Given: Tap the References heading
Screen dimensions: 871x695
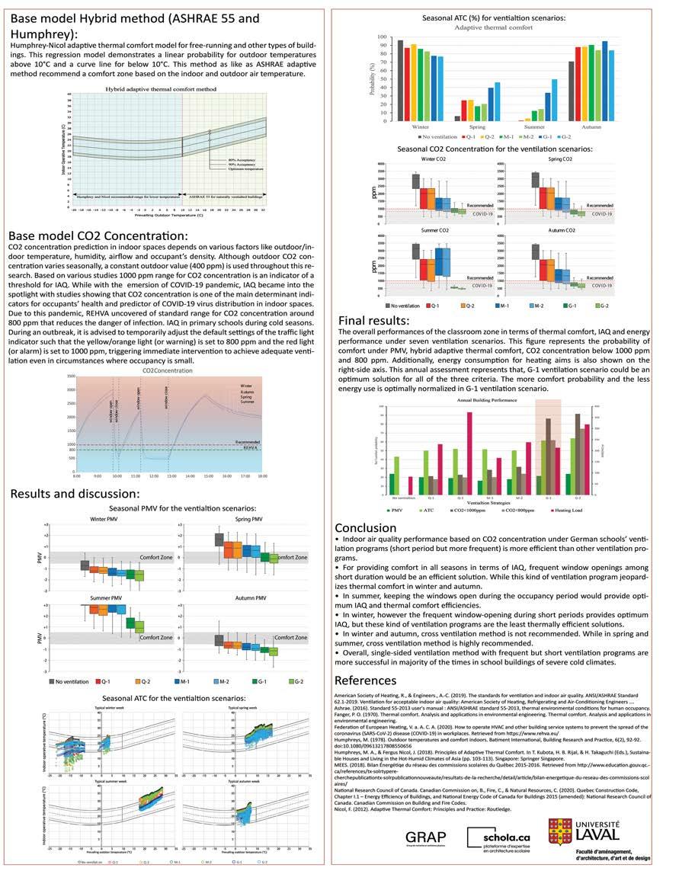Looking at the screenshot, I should [366, 680].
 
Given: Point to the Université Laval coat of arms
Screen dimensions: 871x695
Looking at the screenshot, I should [559, 831].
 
